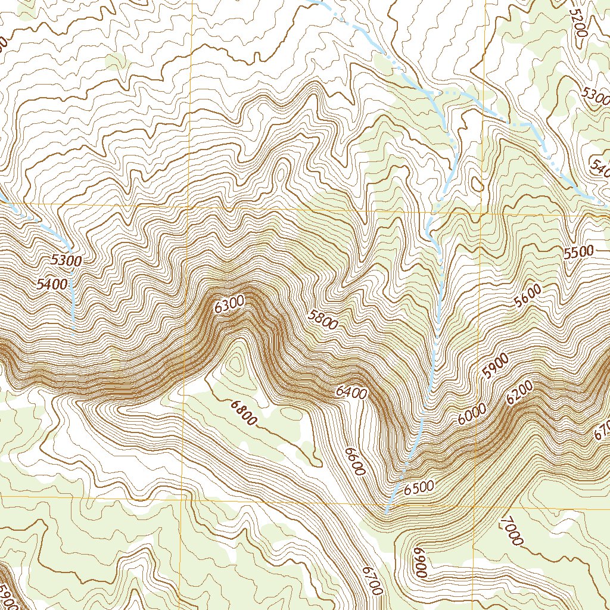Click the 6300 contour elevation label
[229, 306]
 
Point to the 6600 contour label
[354, 460]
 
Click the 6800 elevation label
[243, 412]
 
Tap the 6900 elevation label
[419, 562]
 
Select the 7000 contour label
[512, 531]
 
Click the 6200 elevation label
[519, 394]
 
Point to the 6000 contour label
[472, 414]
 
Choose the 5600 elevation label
[528, 295]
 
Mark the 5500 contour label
[578, 252]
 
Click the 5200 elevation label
[578, 23]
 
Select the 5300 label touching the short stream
[67, 260]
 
